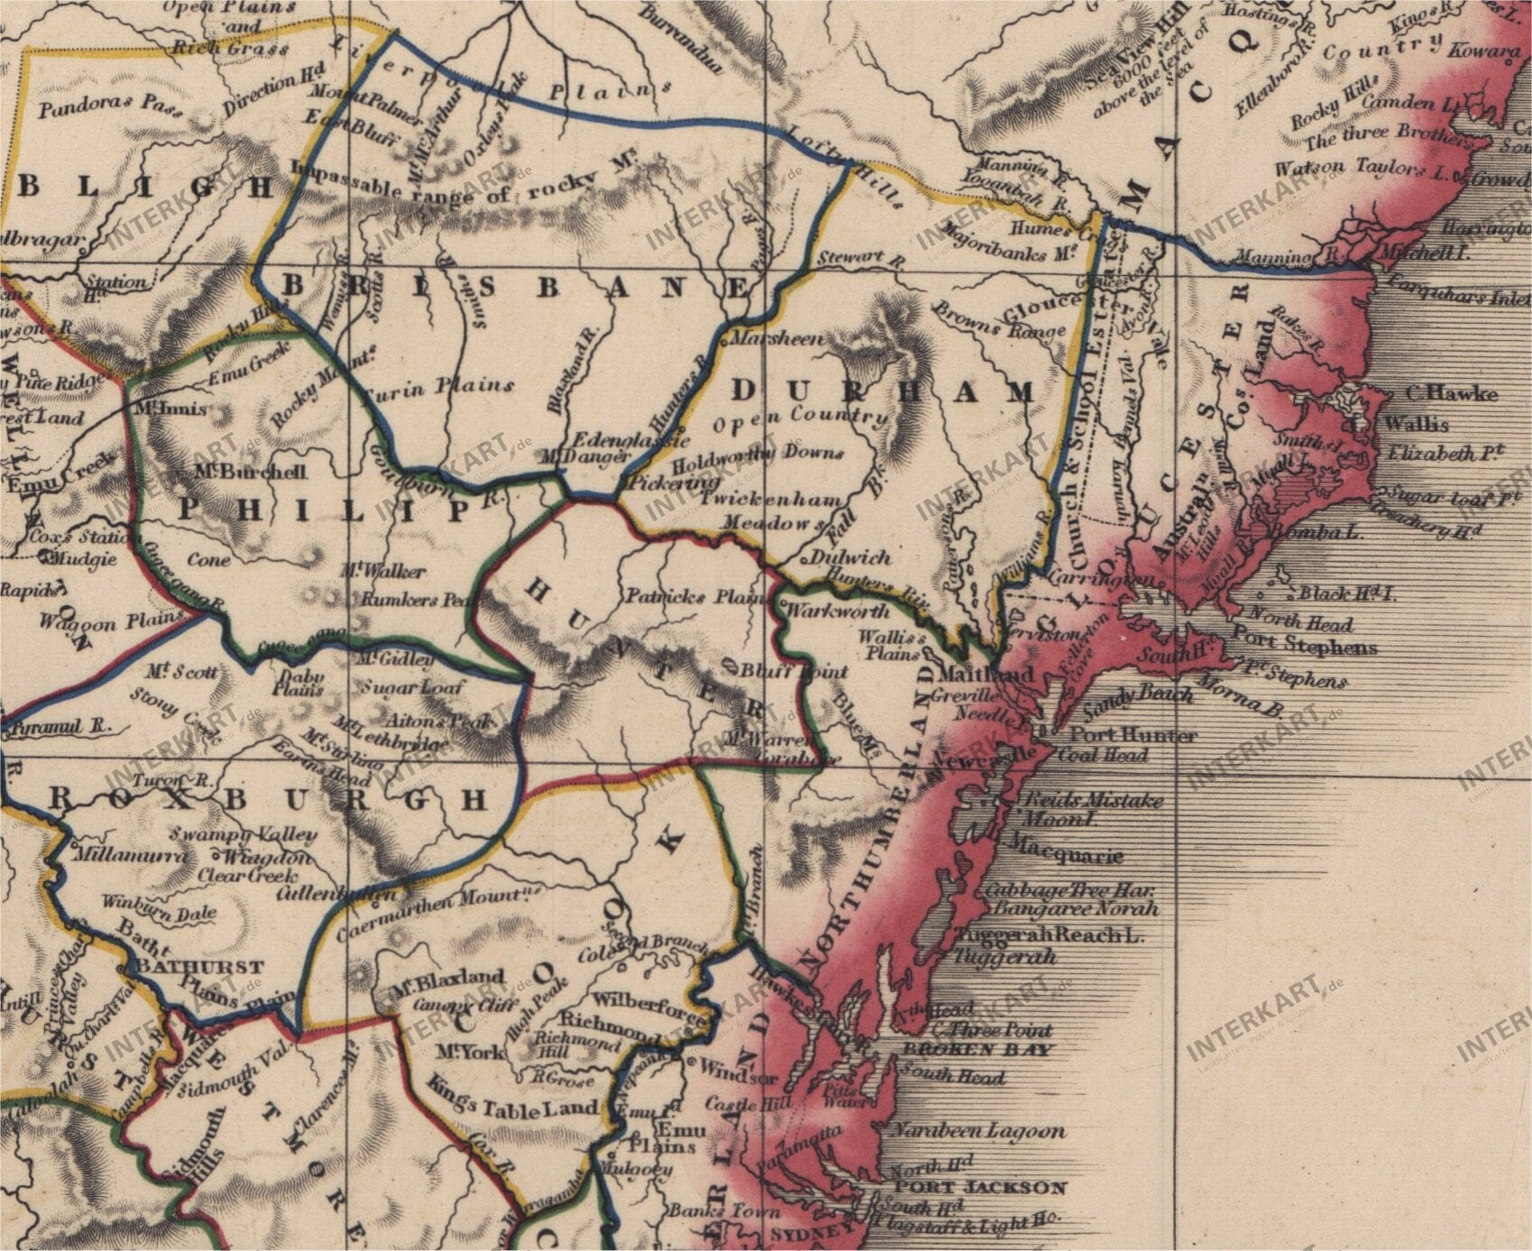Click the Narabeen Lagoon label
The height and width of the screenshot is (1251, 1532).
[x=977, y=1130]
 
